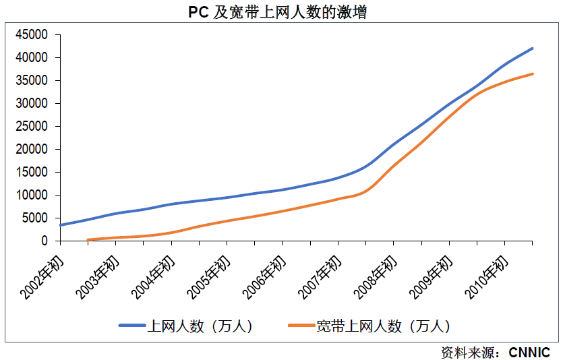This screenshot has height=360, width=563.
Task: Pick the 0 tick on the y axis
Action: tap(45, 241)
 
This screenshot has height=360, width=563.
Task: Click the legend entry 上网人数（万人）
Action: tap(200, 326)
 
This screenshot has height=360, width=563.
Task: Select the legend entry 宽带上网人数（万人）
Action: tap(383, 326)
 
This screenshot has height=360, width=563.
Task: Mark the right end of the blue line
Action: tap(532, 49)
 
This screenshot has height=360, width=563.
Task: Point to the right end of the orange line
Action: tap(532, 73)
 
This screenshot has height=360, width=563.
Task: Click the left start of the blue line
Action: tap(61, 225)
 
